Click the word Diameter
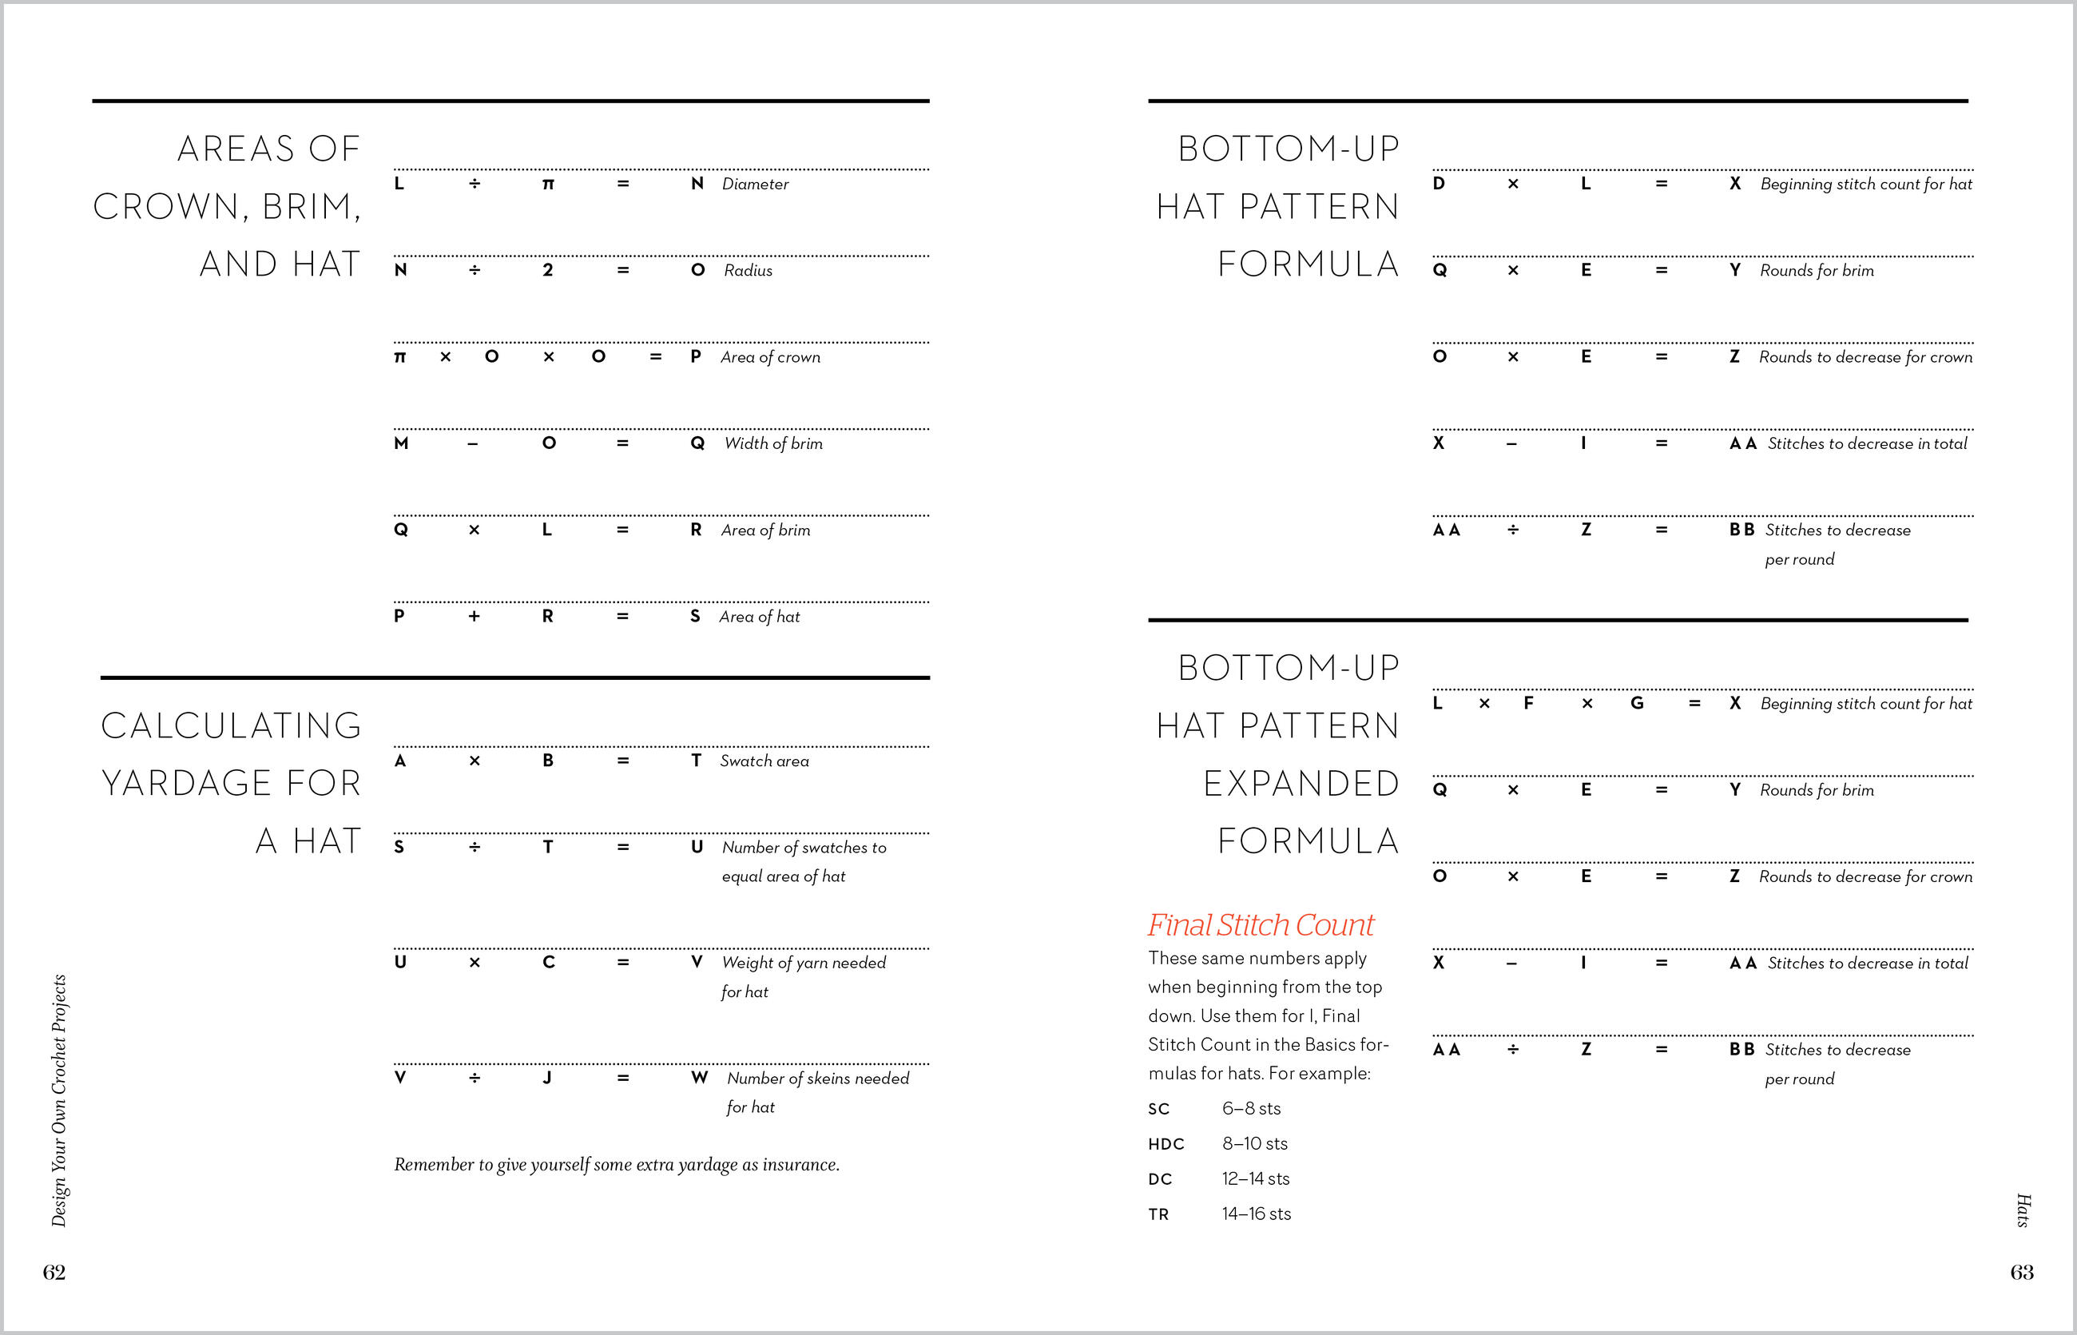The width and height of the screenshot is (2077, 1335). click(755, 184)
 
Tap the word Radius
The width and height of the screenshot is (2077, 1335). click(748, 271)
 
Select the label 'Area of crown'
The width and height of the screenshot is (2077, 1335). click(770, 357)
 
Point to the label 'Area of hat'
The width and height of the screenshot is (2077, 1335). click(760, 616)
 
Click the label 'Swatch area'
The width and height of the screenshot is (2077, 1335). click(764, 761)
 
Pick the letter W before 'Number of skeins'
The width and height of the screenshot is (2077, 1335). click(700, 1078)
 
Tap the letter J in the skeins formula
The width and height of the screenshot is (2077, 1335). click(547, 1078)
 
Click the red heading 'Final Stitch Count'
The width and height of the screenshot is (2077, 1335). click(1261, 925)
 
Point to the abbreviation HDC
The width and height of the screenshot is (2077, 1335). click(1166, 1144)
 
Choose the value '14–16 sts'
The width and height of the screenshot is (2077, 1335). click(1256, 1214)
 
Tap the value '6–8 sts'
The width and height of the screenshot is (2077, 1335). click(1251, 1109)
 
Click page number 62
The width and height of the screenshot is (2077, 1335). click(54, 1272)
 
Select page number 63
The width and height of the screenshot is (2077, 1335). click(2022, 1272)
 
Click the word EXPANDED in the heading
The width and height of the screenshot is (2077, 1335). click(1301, 784)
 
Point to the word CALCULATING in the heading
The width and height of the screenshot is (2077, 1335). click(232, 726)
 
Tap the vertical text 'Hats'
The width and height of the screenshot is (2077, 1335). click(2023, 1210)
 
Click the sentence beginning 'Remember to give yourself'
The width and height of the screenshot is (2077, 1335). click(617, 1164)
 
